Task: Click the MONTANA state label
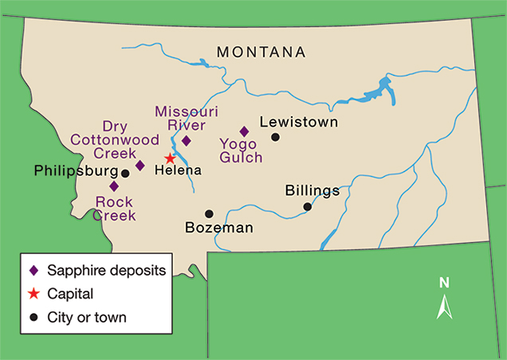pos(261,52)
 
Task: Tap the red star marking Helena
pos(170,158)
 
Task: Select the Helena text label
pos(179,170)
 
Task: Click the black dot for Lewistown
pos(275,137)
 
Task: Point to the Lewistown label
pos(298,123)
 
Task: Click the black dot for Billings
pos(307,207)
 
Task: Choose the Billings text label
pos(312,191)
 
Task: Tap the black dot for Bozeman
pos(209,213)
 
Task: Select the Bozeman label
pos(218,229)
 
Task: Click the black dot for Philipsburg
pos(125,173)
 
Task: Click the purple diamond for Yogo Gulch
pos(244,131)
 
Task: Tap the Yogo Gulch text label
pos(241,151)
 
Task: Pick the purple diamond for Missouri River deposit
pos(186,141)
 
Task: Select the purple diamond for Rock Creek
pos(114,186)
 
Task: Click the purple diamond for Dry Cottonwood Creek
pos(140,166)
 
